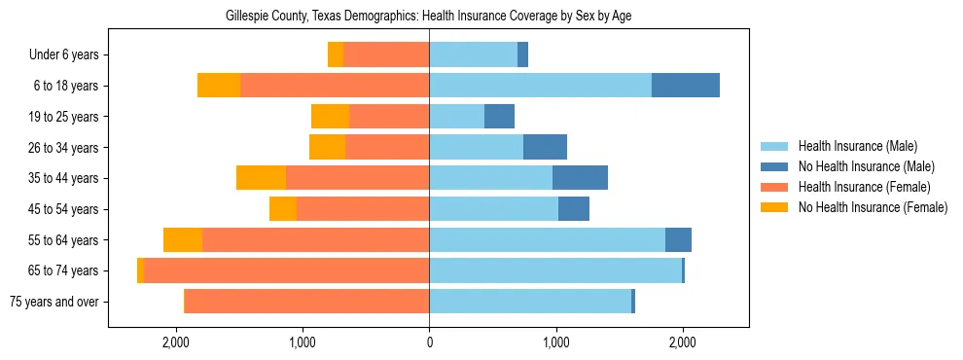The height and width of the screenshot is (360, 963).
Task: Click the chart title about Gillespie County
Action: pyautogui.click(x=428, y=17)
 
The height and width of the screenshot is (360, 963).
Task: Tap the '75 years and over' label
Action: pyautogui.click(x=54, y=302)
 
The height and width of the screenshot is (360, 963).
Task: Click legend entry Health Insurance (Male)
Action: pyautogui.click(x=857, y=146)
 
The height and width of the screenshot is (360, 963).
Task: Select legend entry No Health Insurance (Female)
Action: pyautogui.click(x=873, y=207)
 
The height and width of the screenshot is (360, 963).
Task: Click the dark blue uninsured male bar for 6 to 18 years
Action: pyautogui.click(x=686, y=86)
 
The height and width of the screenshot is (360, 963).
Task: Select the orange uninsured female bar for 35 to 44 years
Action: pyautogui.click(x=261, y=178)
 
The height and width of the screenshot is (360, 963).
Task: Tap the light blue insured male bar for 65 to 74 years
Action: pyautogui.click(x=555, y=270)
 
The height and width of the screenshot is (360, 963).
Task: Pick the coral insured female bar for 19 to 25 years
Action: pyautogui.click(x=389, y=117)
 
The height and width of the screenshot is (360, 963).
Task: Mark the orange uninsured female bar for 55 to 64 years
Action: pyautogui.click(x=183, y=240)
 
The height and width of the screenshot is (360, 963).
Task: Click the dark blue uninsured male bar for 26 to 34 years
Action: pyautogui.click(x=545, y=148)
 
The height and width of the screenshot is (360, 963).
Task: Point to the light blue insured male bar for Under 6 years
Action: pyautogui.click(x=473, y=55)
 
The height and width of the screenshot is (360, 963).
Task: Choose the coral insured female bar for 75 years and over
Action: pyautogui.click(x=306, y=302)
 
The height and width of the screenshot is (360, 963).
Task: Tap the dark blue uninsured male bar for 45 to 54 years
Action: pyautogui.click(x=574, y=209)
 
